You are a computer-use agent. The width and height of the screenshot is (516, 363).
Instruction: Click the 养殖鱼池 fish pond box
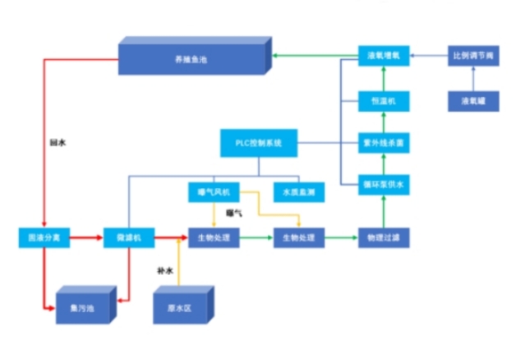(194, 58)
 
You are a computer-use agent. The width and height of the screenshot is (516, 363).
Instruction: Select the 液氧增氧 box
(383, 56)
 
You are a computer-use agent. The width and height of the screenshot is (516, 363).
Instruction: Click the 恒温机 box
(383, 100)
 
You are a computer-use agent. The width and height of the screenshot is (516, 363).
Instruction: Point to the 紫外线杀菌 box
(383, 143)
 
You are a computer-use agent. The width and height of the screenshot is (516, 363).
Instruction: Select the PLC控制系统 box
(258, 144)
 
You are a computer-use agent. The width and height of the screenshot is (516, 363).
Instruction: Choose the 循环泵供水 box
(383, 185)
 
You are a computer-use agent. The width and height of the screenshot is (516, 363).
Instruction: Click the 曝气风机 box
(213, 192)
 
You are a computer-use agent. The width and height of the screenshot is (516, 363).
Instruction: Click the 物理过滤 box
(383, 238)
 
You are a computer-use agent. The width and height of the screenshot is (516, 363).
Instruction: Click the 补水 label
(165, 269)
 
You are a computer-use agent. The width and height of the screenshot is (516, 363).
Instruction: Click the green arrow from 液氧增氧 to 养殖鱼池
(316, 56)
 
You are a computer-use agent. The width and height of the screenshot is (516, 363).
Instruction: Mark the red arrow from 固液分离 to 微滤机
(83, 238)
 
